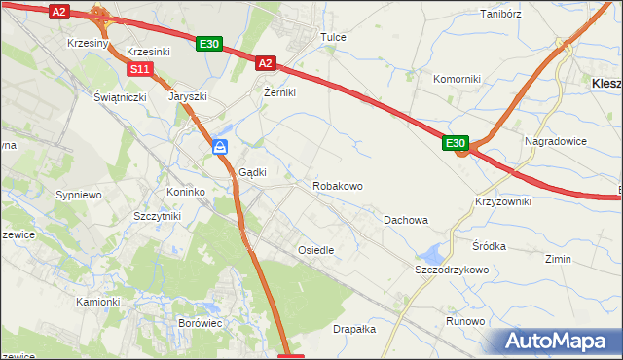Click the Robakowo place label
338,185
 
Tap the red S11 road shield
141,69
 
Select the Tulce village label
334,37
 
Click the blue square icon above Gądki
221,147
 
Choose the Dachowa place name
405,220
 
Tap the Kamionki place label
98,302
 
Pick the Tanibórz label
502,14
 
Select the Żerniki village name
279,92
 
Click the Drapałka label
354,329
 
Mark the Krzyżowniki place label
503,200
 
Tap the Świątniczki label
120,98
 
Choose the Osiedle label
315,250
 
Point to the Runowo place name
465,321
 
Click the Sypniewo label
79,195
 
